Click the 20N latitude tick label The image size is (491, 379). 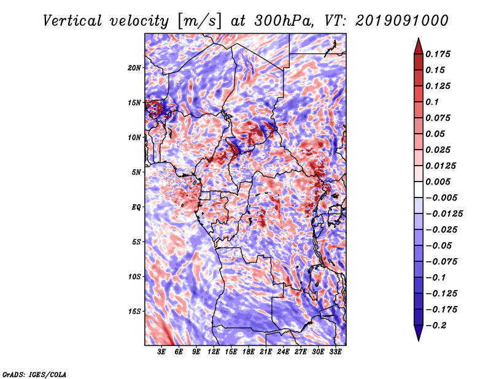click(134, 68)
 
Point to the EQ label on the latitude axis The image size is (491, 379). click(136, 207)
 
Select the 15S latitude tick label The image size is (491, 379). click(134, 312)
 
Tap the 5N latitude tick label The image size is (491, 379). click(136, 172)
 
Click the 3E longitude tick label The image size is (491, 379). click(161, 352)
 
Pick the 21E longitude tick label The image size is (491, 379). click(266, 352)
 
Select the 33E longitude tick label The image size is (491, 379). click(335, 352)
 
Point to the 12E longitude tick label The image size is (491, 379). click(214, 352)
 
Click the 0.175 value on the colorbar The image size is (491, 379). click(438, 54)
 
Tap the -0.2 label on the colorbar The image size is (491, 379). click(436, 326)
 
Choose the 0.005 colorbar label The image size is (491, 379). click(438, 182)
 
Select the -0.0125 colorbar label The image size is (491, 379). click(444, 214)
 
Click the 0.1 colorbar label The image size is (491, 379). click(432, 102)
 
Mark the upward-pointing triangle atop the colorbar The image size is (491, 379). click(419, 46)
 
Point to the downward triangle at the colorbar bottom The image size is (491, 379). click(419, 333)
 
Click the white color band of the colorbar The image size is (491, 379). click(419, 189)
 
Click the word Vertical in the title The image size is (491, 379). click(72, 21)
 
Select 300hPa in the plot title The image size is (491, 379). click(283, 21)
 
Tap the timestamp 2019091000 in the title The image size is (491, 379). click(402, 21)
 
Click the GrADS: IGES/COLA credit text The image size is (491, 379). click(34, 374)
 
